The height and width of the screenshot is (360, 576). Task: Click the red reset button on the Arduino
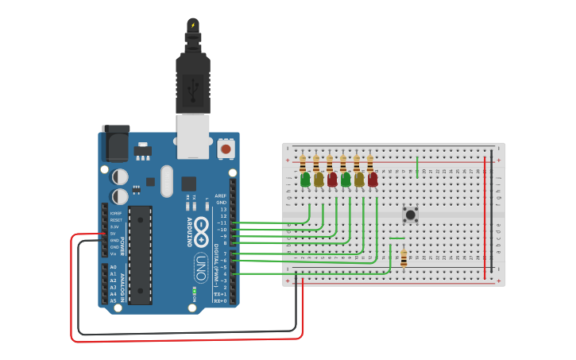[226, 149]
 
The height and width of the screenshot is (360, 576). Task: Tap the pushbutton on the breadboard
[411, 214]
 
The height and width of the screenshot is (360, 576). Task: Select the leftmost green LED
[305, 180]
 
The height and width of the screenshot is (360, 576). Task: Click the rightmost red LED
[373, 180]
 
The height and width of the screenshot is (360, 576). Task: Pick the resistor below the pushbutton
[404, 257]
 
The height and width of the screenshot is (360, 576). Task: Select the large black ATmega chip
[141, 254]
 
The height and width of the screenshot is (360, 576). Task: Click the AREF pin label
[222, 195]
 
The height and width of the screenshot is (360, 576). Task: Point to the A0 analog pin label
[113, 268]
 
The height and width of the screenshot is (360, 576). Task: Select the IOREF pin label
[114, 214]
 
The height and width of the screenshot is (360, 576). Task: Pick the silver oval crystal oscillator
[166, 181]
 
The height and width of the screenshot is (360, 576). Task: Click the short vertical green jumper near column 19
[417, 166]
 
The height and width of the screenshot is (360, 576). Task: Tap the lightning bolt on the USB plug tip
[192, 25]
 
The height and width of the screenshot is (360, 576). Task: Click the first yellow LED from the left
[319, 180]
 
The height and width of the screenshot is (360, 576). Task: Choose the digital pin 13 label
[224, 209]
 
